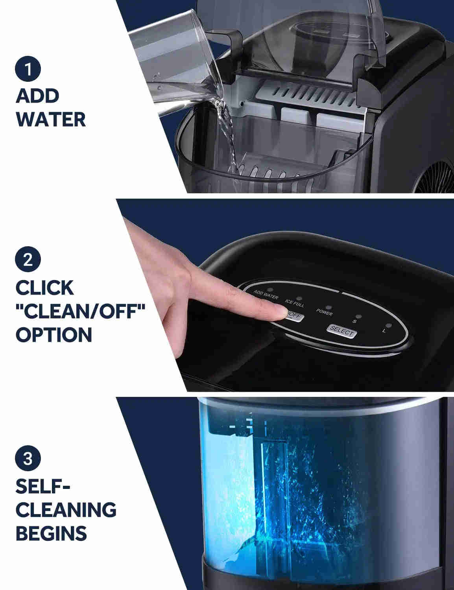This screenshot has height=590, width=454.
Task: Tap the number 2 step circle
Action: tap(28, 260)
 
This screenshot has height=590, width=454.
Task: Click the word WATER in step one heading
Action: tap(51, 120)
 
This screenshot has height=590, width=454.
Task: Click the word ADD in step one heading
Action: tap(37, 96)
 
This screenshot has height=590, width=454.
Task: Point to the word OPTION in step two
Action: tap(54, 335)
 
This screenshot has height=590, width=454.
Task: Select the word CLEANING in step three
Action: tap(66, 510)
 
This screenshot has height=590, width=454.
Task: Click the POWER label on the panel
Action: tap(324, 313)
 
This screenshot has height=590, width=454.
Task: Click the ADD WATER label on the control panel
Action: tap(266, 295)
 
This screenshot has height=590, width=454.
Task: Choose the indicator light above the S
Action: tap(358, 316)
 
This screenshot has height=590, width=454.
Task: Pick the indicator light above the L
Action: tap(388, 326)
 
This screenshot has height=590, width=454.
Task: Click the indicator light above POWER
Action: tap(328, 307)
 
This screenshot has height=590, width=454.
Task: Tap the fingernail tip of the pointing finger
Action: tap(280, 313)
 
